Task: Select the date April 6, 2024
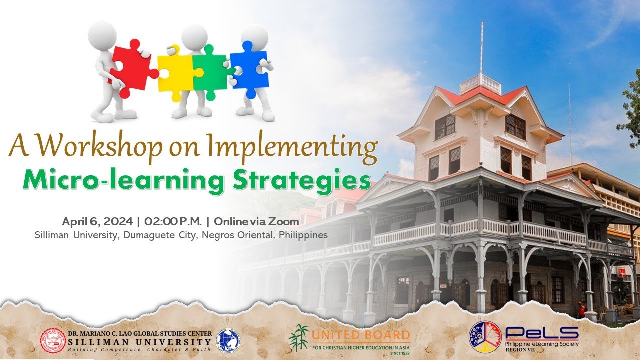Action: point(97,221)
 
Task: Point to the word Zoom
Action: point(287,221)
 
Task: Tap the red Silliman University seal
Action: point(53,340)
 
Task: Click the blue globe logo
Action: point(227,340)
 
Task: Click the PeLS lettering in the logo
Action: point(542,333)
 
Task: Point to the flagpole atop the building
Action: point(482,47)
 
